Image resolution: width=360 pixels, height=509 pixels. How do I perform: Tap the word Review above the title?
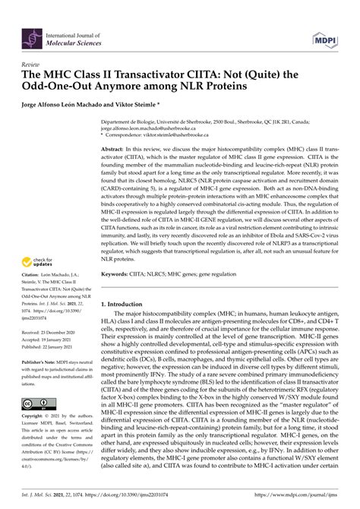[31, 65]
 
